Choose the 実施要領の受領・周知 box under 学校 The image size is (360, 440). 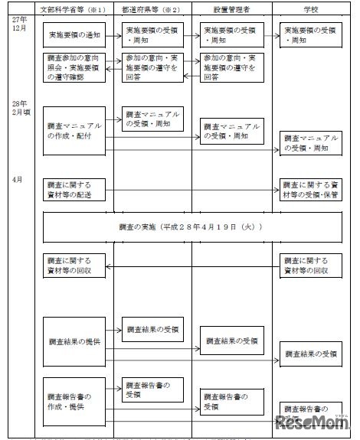point(310,35)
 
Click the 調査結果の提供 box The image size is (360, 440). point(75,340)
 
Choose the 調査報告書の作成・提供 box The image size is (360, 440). point(75,401)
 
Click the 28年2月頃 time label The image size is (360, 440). point(20,106)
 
